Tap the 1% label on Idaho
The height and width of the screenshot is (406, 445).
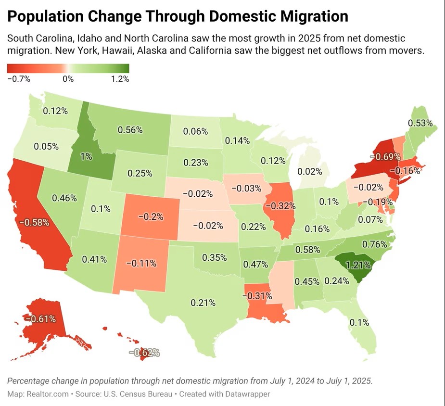(x=86, y=156)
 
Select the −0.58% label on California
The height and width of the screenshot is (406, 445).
(x=34, y=222)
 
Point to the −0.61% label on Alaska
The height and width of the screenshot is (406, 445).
(x=41, y=318)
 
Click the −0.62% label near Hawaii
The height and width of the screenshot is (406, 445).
(x=144, y=353)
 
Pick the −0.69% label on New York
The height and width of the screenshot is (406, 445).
(x=385, y=157)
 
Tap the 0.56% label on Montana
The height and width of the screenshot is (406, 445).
(x=130, y=129)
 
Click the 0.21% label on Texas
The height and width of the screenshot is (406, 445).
(x=203, y=303)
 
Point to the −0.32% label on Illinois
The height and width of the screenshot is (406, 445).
(x=282, y=206)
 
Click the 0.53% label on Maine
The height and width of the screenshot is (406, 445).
(x=420, y=123)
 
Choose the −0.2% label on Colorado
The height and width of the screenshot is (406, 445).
(x=151, y=216)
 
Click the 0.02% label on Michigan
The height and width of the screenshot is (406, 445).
(x=310, y=171)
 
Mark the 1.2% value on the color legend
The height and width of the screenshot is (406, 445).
(x=120, y=79)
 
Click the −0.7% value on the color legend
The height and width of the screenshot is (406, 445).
(x=19, y=79)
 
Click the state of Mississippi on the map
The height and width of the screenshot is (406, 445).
(x=280, y=284)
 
